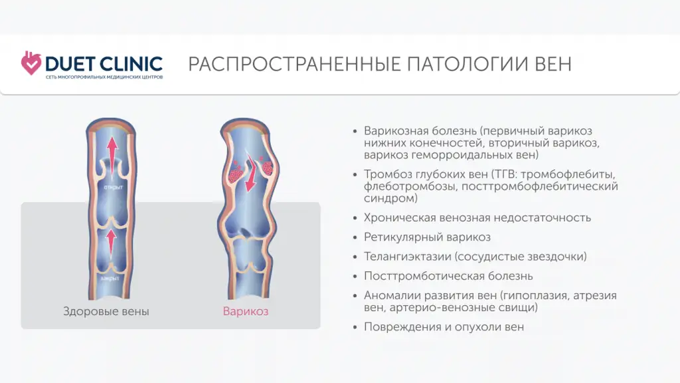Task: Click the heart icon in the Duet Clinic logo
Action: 31,63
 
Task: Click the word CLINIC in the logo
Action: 130,64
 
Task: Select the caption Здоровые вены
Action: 106,311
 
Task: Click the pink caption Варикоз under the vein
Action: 246,311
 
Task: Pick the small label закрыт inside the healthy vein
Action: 110,279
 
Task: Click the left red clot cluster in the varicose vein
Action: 235,173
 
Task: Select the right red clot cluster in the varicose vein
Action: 267,166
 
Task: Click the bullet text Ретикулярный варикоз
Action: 427,237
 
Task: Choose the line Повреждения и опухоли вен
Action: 444,326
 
